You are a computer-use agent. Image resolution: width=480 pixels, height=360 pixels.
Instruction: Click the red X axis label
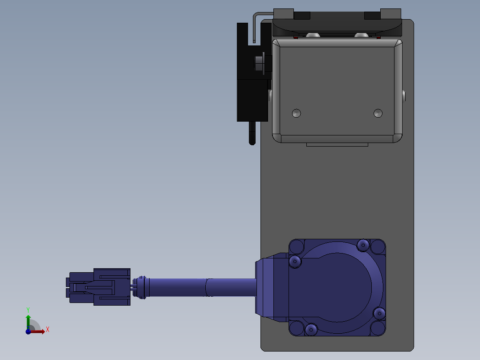(48, 330)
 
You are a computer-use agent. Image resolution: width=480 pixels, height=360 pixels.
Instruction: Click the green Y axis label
(28, 310)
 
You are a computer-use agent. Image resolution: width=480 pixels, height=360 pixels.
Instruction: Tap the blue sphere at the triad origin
(28, 331)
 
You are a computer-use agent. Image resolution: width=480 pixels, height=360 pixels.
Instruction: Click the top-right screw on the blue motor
(363, 245)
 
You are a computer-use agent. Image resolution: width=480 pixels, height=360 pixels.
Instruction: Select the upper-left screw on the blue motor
(295, 262)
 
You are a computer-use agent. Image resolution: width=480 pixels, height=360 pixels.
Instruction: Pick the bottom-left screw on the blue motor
(311, 330)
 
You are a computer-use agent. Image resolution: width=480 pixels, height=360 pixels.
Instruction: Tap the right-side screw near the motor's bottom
(379, 313)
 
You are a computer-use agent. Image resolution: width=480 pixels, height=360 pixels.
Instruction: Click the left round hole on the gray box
(297, 113)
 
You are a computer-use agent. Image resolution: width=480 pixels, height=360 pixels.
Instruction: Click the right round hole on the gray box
(378, 113)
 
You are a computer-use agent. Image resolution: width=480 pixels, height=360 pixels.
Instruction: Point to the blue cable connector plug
(98, 287)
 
